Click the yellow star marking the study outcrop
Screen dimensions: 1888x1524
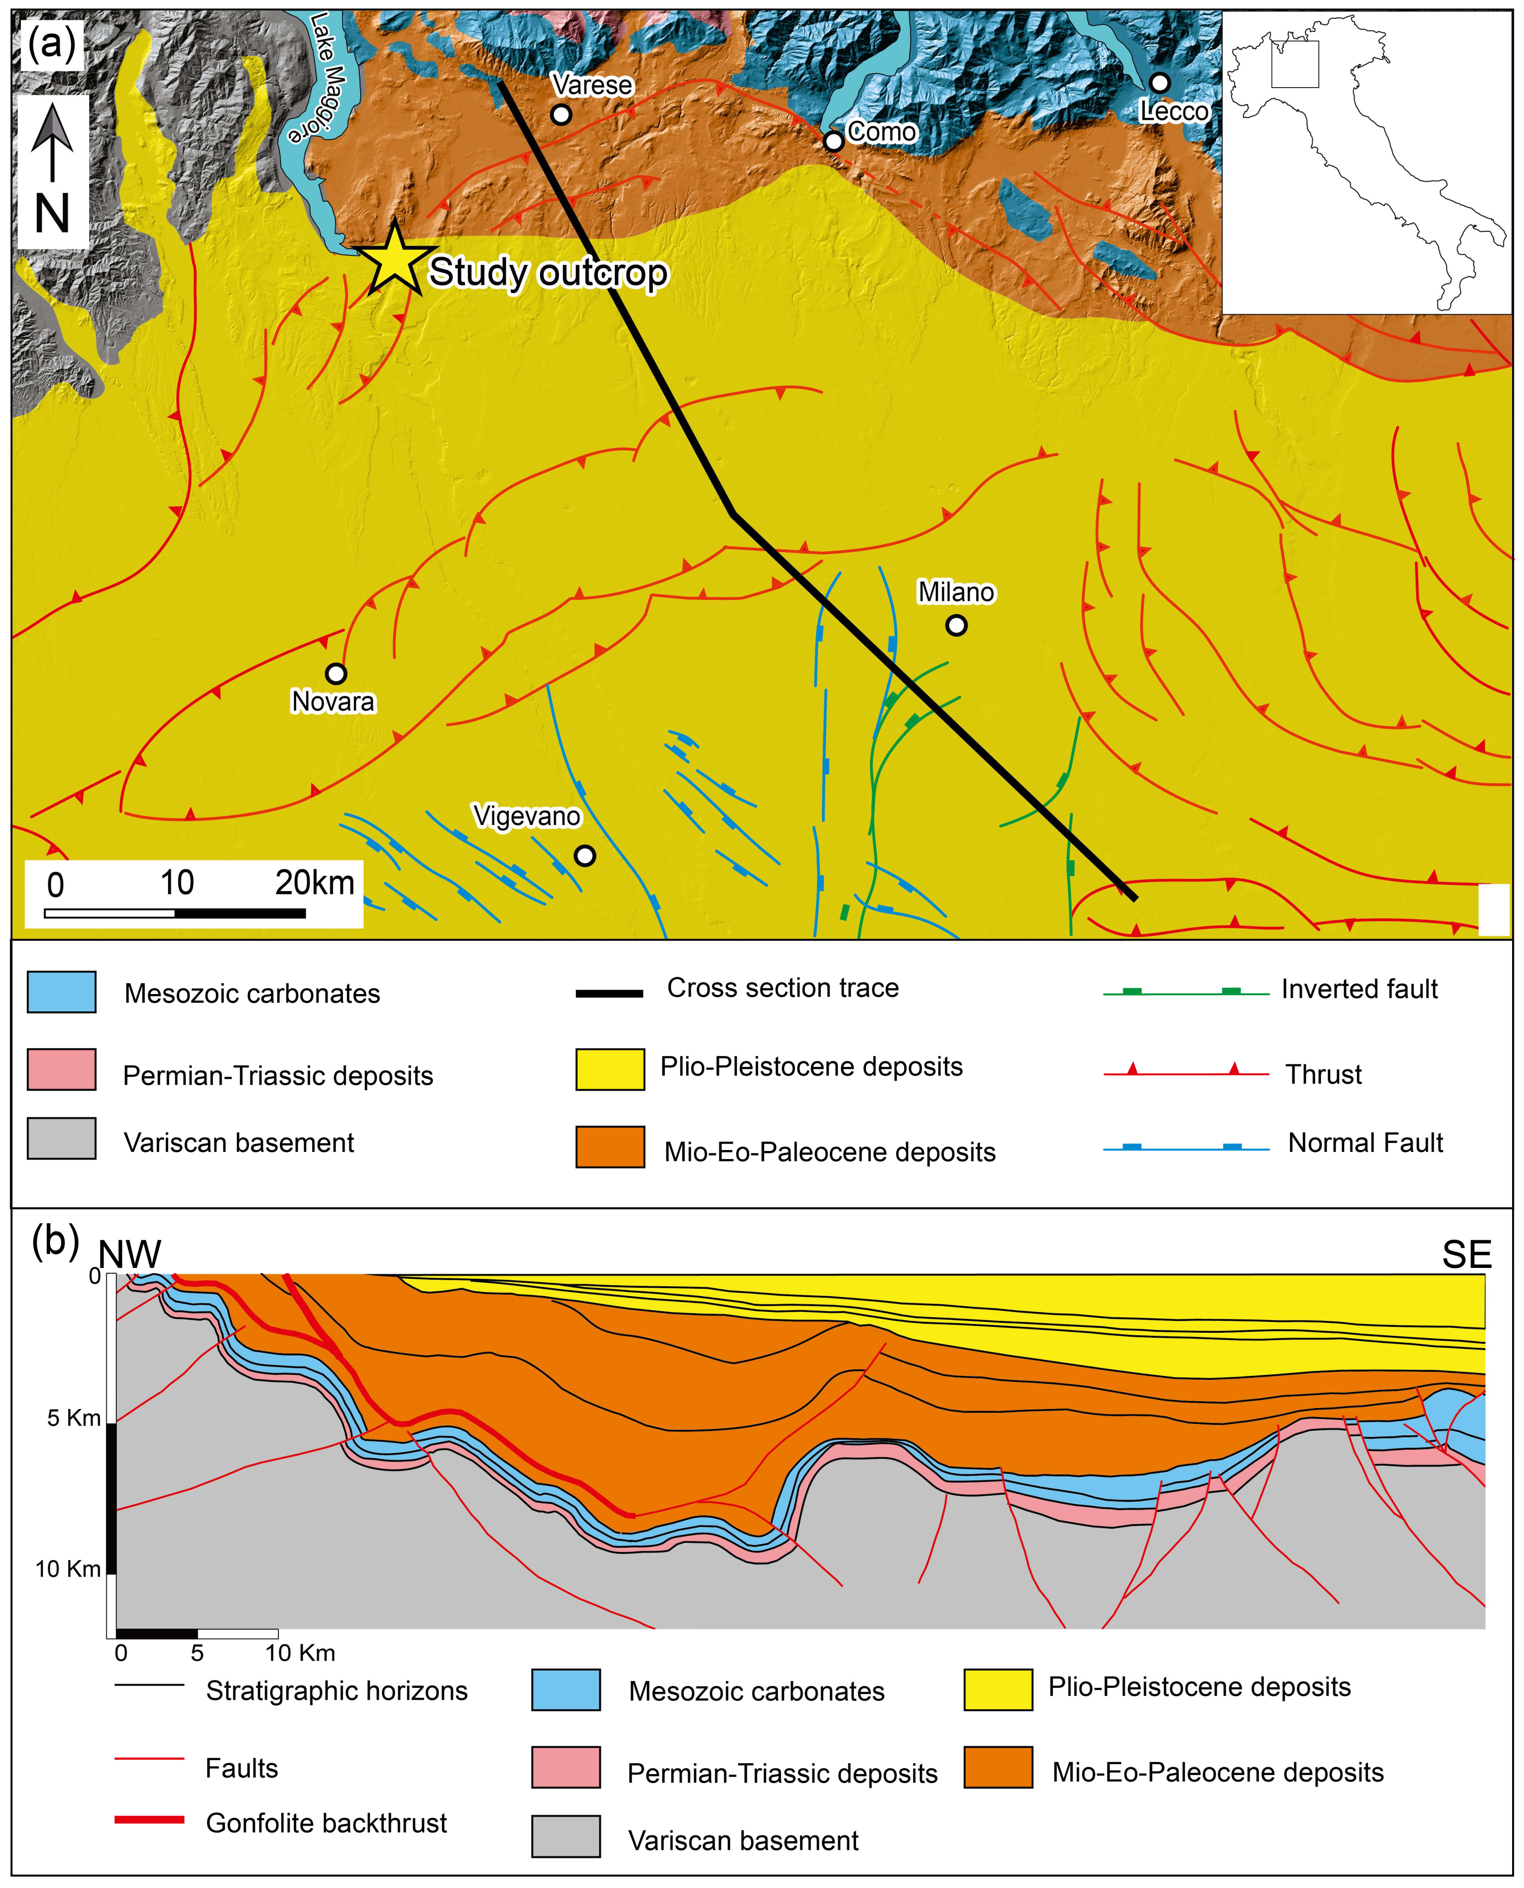point(395,260)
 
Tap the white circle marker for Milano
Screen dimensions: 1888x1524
point(956,625)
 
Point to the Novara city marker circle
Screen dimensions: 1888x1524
point(335,674)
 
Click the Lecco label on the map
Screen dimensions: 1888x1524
point(1174,111)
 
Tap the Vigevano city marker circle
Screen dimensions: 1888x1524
point(584,855)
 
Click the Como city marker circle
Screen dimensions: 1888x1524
point(833,141)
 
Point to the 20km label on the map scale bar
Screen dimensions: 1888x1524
point(314,882)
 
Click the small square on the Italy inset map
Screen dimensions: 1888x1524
point(1295,64)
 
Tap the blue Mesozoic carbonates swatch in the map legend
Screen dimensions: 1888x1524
point(61,993)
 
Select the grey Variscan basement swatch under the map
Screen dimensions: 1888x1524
point(61,1139)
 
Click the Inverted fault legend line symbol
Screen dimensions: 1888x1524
point(1185,992)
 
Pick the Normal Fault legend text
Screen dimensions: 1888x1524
point(1365,1143)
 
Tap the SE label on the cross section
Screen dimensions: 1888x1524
point(1466,1255)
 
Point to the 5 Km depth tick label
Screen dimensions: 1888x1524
point(74,1417)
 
